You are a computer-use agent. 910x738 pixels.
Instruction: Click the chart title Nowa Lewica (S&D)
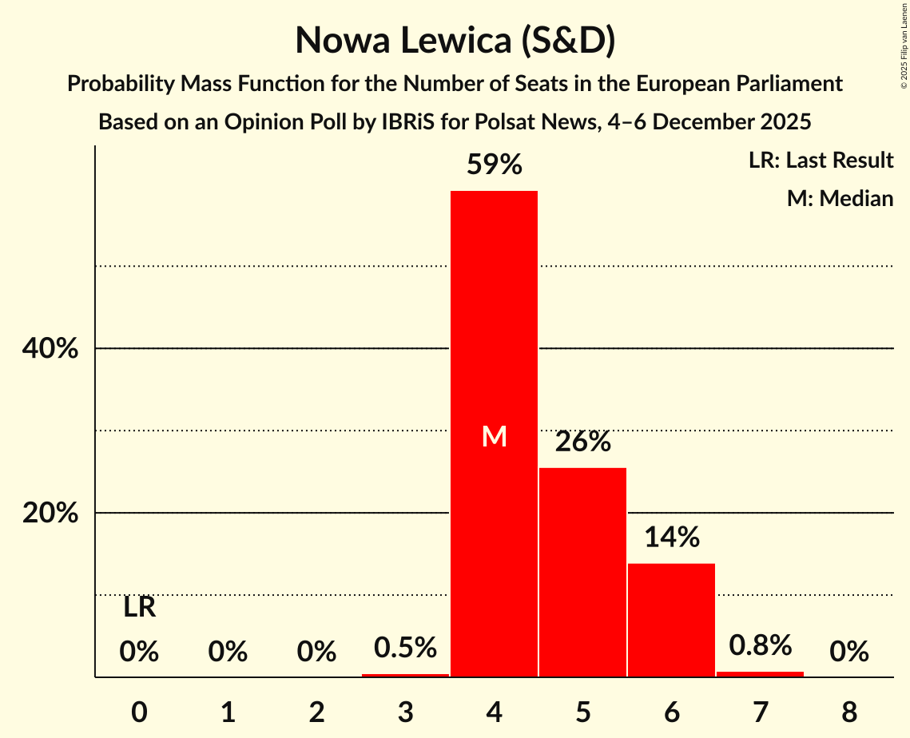click(x=455, y=41)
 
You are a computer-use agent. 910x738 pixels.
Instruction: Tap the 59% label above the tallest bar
click(x=494, y=165)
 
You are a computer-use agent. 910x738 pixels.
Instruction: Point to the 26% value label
click(x=582, y=442)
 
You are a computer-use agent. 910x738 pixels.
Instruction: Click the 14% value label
click(x=671, y=538)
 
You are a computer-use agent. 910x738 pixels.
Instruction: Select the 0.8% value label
click(x=760, y=645)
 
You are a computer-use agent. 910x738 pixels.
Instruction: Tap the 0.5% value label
click(x=405, y=647)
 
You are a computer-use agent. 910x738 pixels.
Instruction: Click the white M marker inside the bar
click(x=494, y=436)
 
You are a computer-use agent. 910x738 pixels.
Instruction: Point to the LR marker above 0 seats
click(x=139, y=608)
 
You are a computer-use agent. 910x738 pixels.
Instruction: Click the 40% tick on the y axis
click(x=50, y=349)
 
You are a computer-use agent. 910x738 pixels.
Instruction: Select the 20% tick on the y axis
click(x=50, y=513)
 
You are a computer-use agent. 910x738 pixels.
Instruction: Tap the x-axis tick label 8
click(x=848, y=711)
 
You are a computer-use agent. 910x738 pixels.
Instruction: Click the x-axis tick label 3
click(x=405, y=711)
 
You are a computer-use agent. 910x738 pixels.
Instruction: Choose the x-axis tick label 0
click(x=139, y=711)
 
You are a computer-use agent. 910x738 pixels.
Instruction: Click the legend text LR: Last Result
click(x=821, y=161)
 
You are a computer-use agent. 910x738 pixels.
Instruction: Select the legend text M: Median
click(x=840, y=198)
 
